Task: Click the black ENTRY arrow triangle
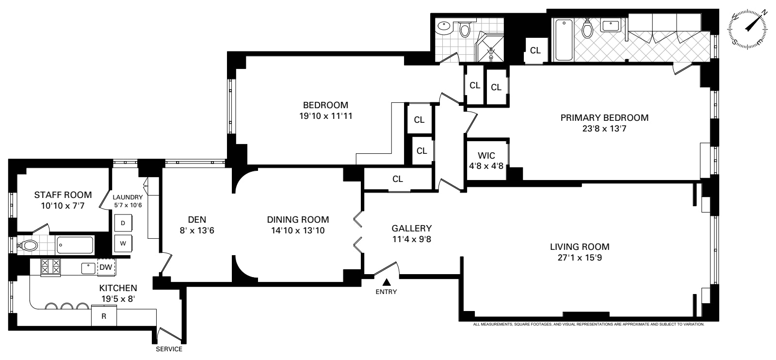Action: point(387,282)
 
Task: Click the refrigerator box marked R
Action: point(104,316)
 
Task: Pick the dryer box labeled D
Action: point(123,223)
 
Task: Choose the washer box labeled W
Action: point(123,243)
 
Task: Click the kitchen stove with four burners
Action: point(51,267)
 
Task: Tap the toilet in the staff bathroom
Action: point(28,246)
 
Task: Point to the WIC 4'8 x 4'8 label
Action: point(486,160)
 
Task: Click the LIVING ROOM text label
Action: point(580,246)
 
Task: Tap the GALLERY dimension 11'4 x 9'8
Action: point(412,239)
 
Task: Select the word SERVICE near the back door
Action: point(169,349)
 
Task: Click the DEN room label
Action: point(196,219)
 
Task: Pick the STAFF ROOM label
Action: point(63,195)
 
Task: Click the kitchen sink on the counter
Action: point(88,267)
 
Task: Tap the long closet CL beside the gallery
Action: point(398,179)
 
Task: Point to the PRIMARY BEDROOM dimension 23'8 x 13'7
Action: point(604,129)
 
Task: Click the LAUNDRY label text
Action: point(128,197)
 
